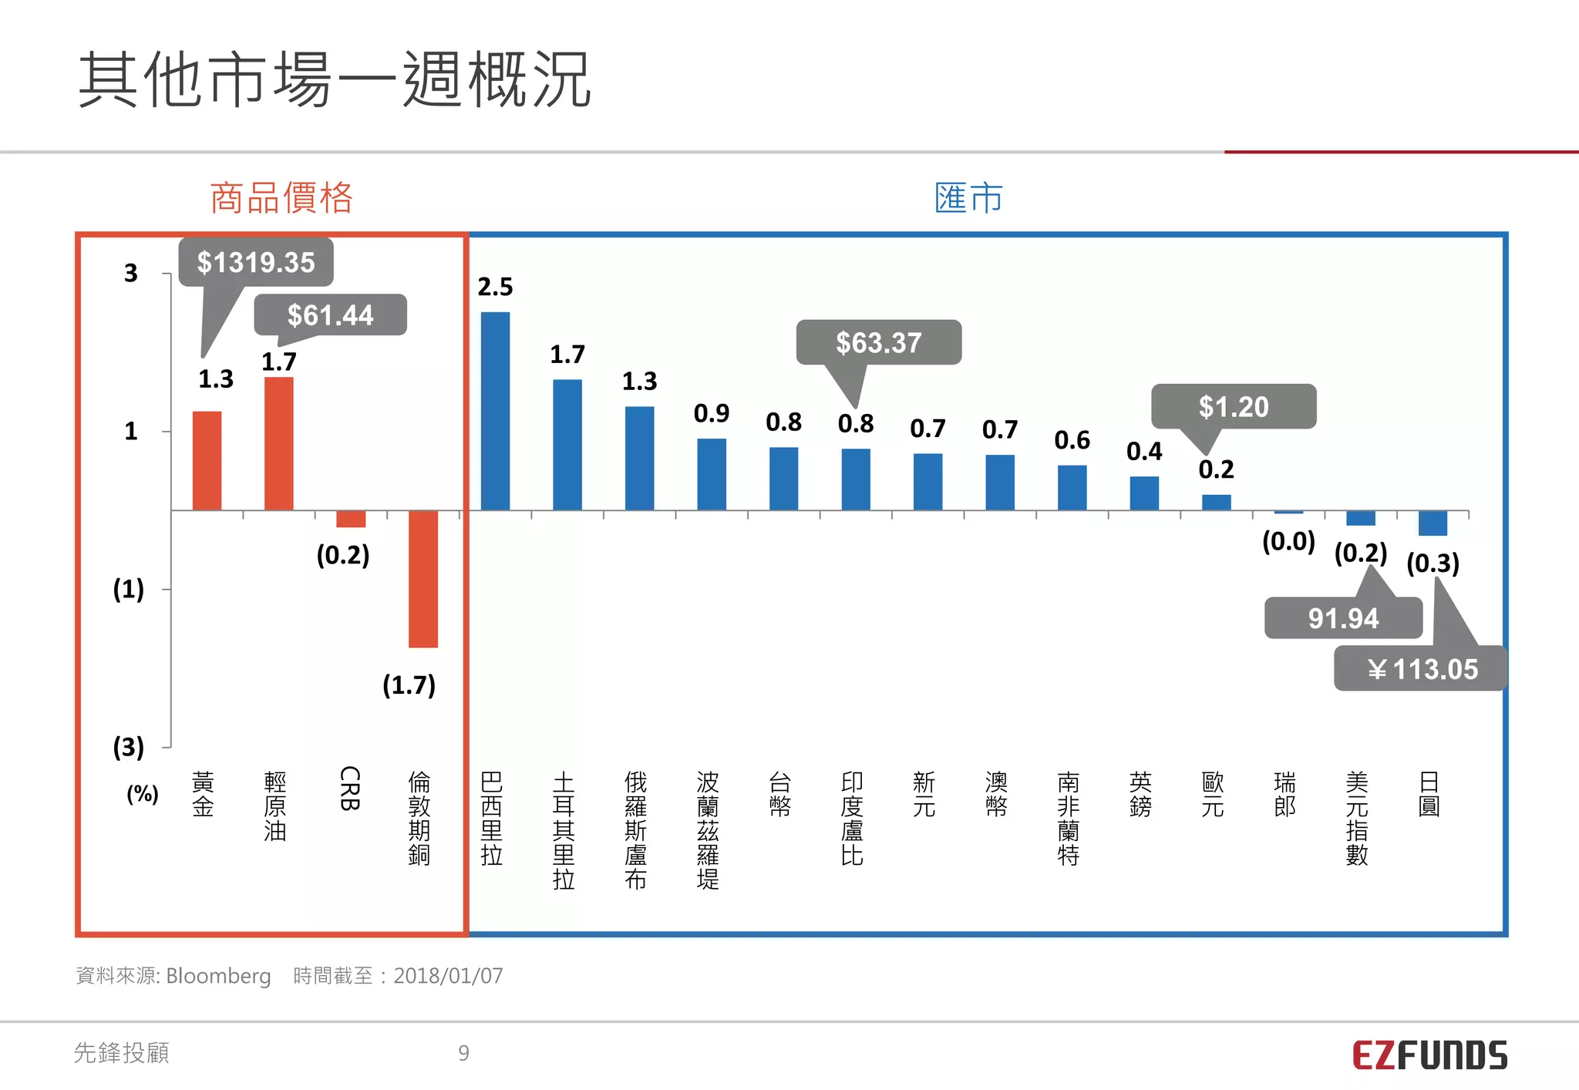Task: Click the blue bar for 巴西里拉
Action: click(x=495, y=411)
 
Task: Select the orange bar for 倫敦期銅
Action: click(x=423, y=579)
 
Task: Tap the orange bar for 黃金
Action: click(x=207, y=460)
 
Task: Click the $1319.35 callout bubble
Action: click(x=256, y=262)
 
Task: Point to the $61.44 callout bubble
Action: click(x=330, y=315)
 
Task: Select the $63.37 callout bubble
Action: click(x=878, y=342)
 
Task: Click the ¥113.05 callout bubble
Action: click(x=1421, y=668)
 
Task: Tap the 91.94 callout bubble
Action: click(x=1343, y=618)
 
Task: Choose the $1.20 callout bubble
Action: click(x=1233, y=406)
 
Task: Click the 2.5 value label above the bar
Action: click(x=495, y=287)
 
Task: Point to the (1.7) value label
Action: click(x=409, y=685)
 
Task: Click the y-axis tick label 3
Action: click(x=131, y=273)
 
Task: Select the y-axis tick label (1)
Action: click(x=128, y=589)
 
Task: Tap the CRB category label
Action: click(x=349, y=788)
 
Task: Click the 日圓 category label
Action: click(x=1429, y=794)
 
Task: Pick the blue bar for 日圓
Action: click(x=1433, y=523)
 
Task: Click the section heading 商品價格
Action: click(x=281, y=198)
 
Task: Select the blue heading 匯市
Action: click(x=968, y=198)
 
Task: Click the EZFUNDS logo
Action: click(x=1429, y=1055)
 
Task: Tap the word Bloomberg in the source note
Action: click(x=218, y=976)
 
